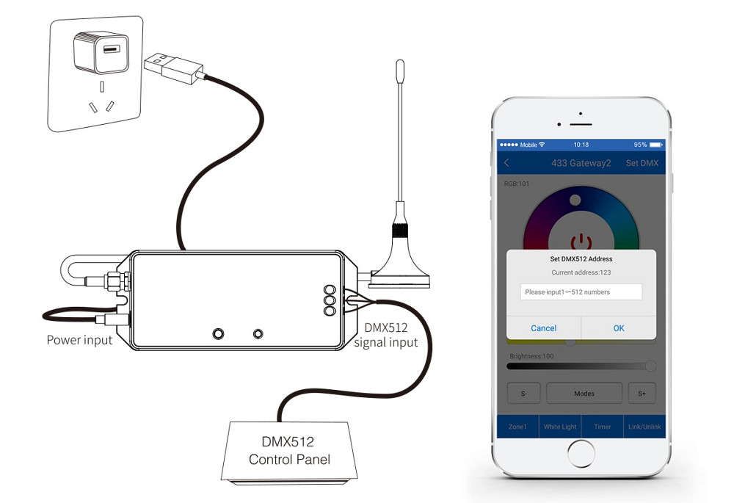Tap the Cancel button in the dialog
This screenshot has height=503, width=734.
543,328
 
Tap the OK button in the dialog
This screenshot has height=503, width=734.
618,328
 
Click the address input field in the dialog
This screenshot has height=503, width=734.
581,292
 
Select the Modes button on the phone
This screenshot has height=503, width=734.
584,394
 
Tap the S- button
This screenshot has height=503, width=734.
524,394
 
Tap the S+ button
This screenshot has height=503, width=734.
642,394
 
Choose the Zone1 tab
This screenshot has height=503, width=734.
517,427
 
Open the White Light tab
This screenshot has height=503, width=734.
560,427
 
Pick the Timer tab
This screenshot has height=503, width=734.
602,427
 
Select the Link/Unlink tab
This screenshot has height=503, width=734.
644,427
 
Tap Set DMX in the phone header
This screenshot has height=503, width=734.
642,163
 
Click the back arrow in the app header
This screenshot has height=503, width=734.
506,162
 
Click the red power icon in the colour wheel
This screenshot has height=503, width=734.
581,241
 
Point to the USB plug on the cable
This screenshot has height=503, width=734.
174,68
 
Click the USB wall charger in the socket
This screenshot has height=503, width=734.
101,51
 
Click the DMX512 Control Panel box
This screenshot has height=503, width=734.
288,452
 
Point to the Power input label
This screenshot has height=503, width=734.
79,340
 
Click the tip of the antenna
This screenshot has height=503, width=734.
400,61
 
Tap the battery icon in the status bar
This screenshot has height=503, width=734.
656,145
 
